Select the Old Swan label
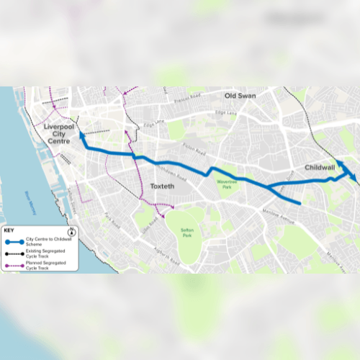pos(240,96)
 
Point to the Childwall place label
pos(320,167)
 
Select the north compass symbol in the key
pos(73,231)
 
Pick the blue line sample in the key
pos(14,242)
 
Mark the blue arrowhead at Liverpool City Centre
pos(81,134)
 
